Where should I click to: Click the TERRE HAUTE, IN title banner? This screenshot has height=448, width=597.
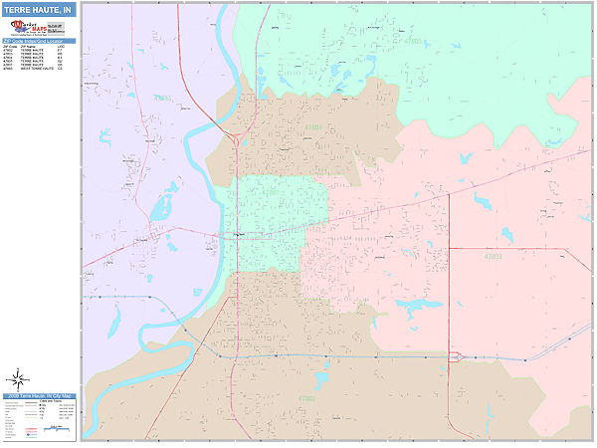pos(39,10)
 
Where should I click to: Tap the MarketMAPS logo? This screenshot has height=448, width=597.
pos(39,29)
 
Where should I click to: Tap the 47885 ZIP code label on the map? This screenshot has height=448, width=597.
pos(163,99)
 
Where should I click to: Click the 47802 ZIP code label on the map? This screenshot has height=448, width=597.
pos(306,399)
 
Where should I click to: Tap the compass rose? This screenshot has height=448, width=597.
pos(18,378)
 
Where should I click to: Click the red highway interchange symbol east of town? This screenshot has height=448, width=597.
pos(456,356)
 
